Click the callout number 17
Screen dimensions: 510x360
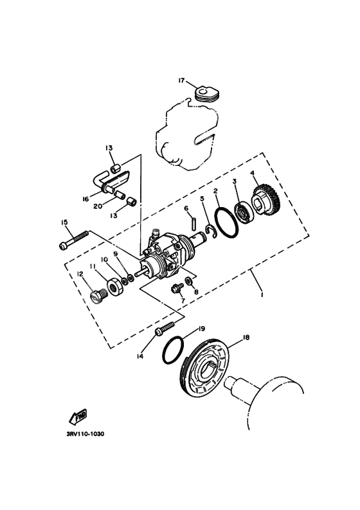coord(181,80)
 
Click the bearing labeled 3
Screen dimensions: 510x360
coord(244,211)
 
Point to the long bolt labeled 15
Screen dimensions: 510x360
coord(73,240)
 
